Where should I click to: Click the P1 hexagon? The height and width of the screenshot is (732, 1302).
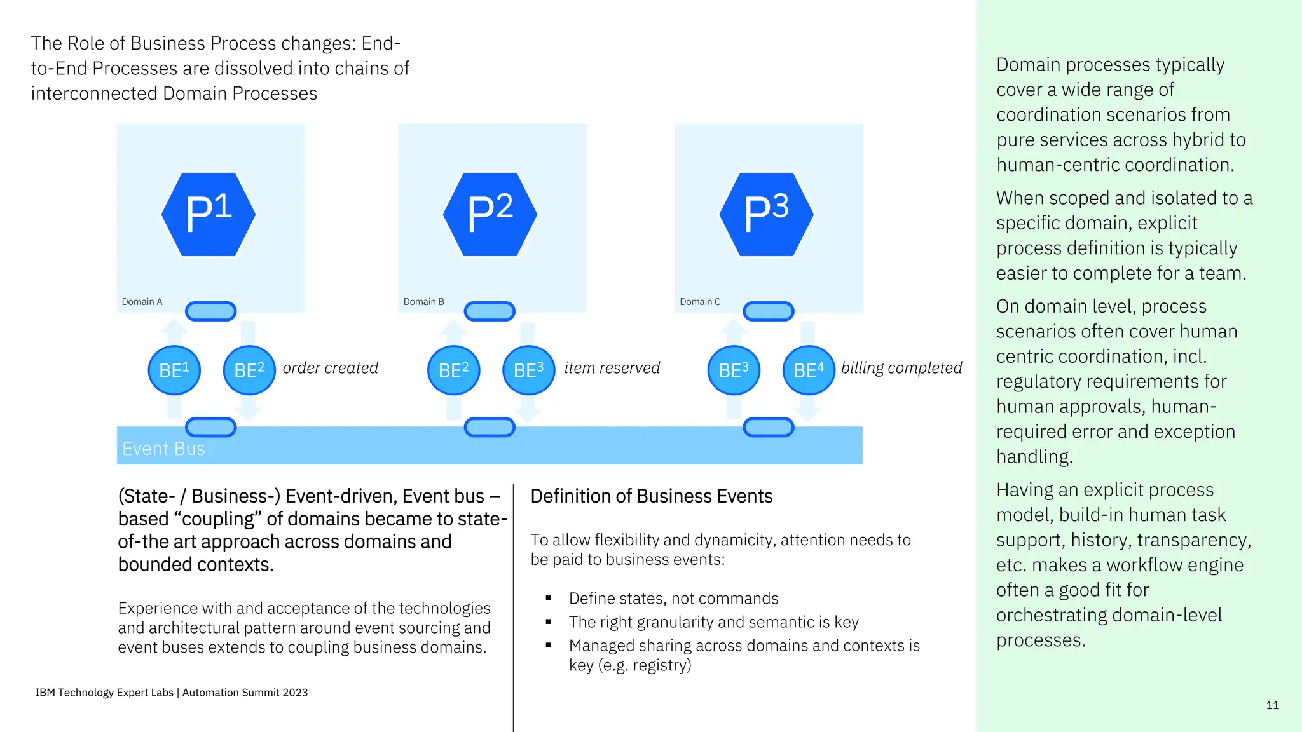pyautogui.click(x=209, y=215)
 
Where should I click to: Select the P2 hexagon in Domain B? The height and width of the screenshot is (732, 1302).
pyautogui.click(x=490, y=215)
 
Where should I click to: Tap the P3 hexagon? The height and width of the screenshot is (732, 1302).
pyautogui.click(x=767, y=215)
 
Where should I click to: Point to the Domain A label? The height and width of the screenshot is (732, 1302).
pyautogui.click(x=142, y=302)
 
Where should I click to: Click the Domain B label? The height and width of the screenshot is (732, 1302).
pyautogui.click(x=423, y=302)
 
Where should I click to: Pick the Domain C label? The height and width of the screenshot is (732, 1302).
pyautogui.click(x=700, y=302)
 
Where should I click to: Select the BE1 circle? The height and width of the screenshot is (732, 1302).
pyautogui.click(x=174, y=370)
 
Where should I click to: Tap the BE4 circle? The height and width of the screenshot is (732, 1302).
pyautogui.click(x=809, y=370)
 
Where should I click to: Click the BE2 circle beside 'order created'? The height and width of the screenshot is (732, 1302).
pyautogui.click(x=249, y=370)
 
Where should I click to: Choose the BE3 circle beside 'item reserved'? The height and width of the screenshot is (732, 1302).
pyautogui.click(x=529, y=370)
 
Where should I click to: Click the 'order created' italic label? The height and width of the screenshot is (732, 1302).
pyautogui.click(x=330, y=368)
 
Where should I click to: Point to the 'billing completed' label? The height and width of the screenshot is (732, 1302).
pyautogui.click(x=901, y=368)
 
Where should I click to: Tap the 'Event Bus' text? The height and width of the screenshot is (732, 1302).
pyautogui.click(x=163, y=449)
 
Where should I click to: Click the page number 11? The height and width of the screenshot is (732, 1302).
pyautogui.click(x=1272, y=705)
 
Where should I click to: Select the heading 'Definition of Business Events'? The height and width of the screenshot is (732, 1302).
pyautogui.click(x=651, y=496)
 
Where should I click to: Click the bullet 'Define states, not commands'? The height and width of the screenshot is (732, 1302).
pyautogui.click(x=673, y=599)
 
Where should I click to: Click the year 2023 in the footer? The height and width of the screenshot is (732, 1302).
pyautogui.click(x=295, y=693)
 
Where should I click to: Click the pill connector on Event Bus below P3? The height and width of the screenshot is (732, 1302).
pyautogui.click(x=769, y=427)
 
